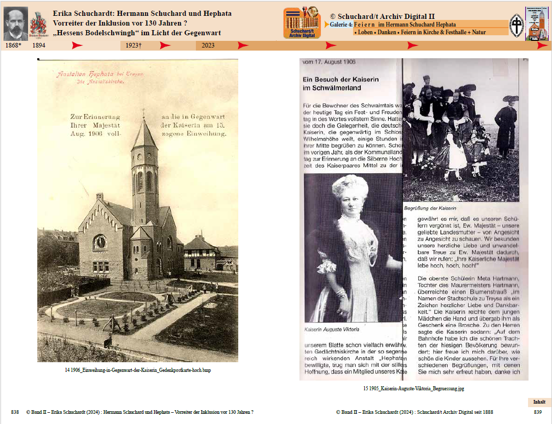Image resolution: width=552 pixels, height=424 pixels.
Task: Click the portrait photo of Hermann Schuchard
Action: [16, 23]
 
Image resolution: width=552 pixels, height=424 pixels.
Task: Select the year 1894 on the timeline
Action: [39, 45]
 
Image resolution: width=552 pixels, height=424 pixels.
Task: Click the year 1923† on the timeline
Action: [133, 45]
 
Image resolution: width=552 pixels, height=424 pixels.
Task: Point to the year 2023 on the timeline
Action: [208, 45]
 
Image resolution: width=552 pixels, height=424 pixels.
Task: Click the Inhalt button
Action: [539, 402]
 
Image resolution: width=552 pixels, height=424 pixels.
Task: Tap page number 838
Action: [15, 412]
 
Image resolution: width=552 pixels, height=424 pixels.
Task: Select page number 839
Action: [538, 412]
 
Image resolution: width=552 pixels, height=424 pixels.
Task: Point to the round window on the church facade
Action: [100, 242]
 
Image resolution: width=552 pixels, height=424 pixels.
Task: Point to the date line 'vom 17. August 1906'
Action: [329, 62]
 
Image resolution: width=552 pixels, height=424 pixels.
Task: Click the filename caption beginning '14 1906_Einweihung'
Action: [137, 370]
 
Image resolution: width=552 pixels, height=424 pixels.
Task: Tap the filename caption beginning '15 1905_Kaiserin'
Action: [414, 388]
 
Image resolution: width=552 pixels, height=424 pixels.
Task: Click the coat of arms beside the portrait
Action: [38, 24]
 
